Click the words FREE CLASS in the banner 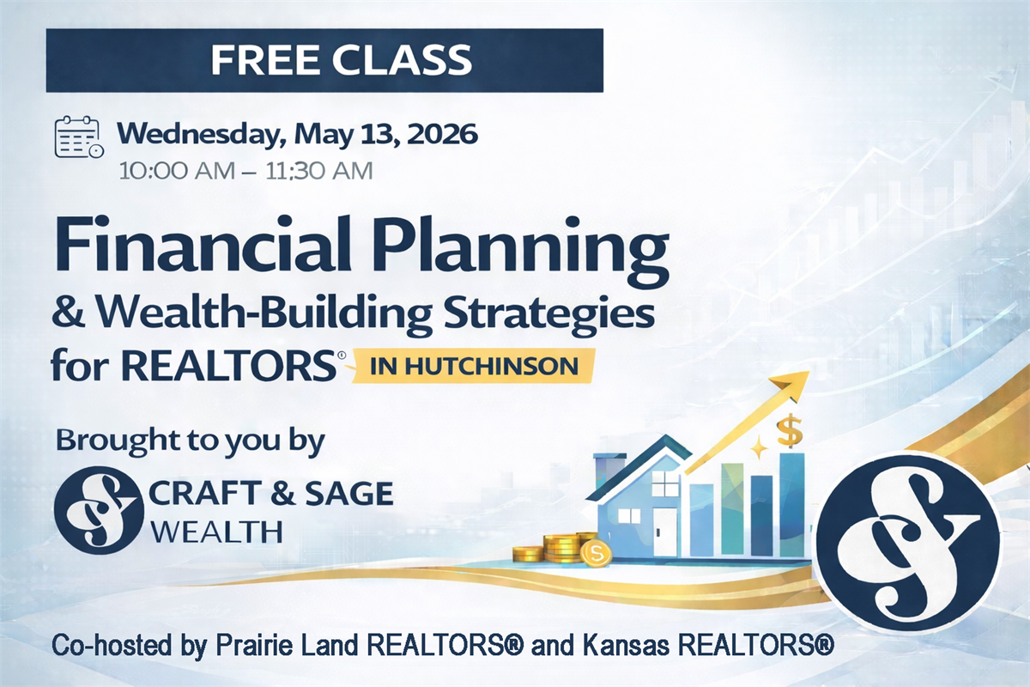(342, 60)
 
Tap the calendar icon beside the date (79, 137)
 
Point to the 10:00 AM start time (177, 171)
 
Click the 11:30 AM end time (319, 171)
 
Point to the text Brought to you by (191, 441)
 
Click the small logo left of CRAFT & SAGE (99, 511)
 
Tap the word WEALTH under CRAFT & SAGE (216, 532)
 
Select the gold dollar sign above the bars (790, 431)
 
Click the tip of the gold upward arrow (809, 372)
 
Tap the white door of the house (664, 531)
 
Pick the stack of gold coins (562, 548)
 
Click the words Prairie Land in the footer (287, 645)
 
